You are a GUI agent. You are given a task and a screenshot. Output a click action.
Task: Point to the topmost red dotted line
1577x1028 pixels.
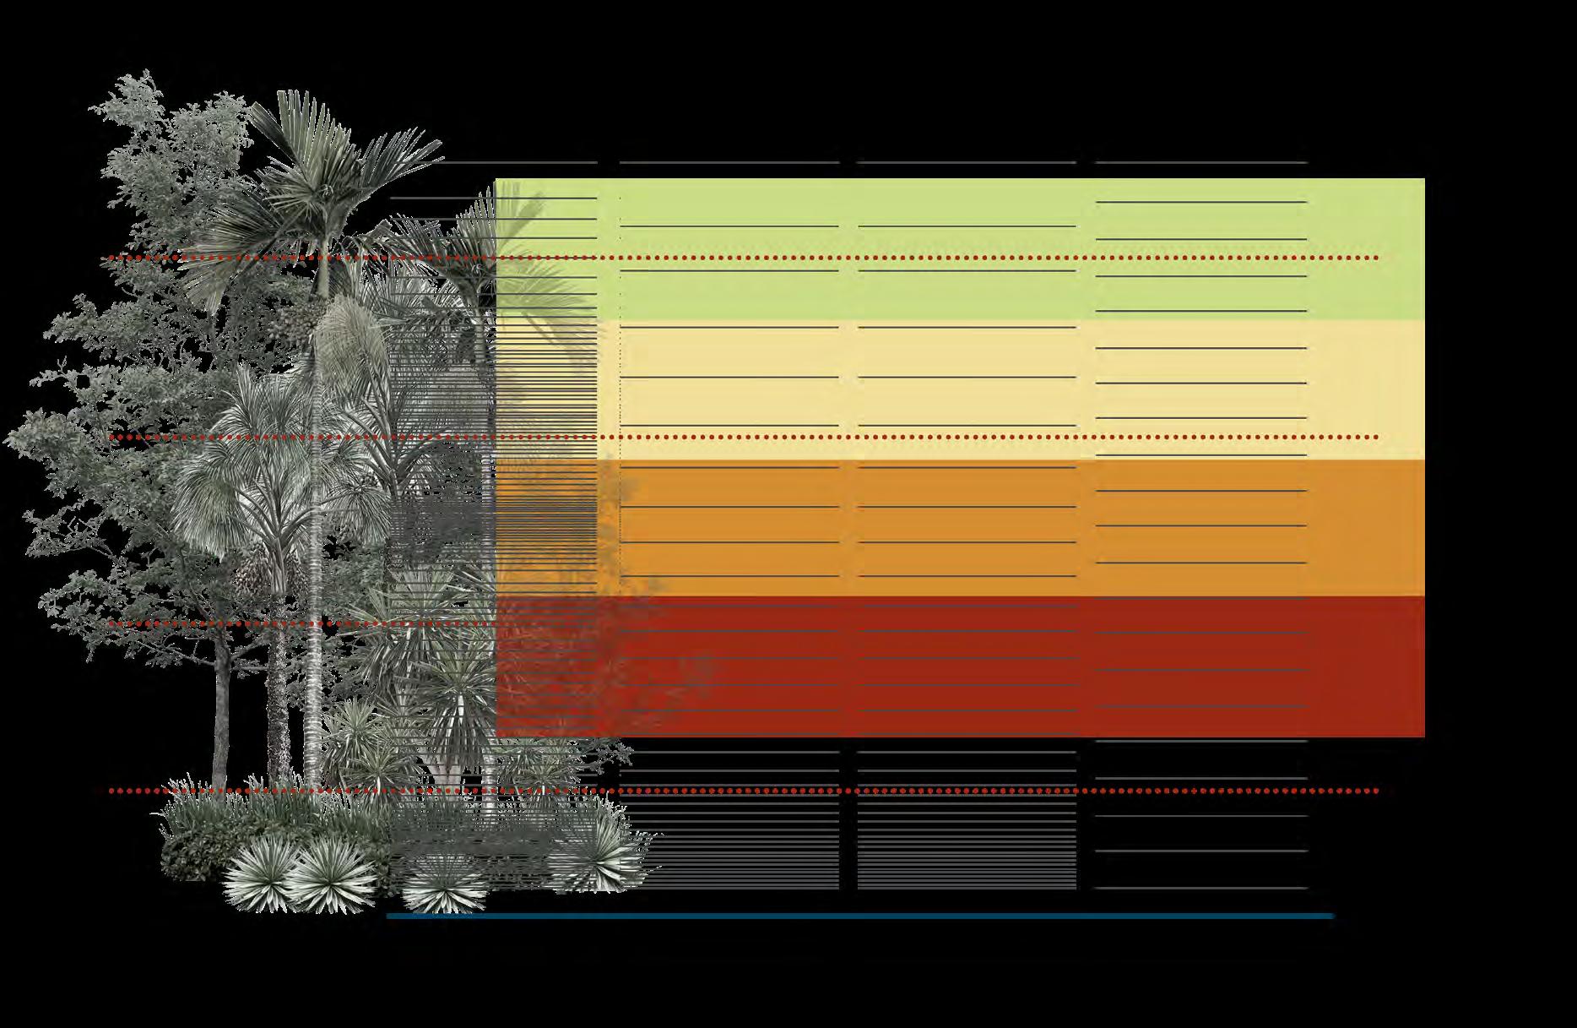(844, 258)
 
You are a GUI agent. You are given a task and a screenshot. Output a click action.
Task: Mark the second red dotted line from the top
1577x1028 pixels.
(844, 438)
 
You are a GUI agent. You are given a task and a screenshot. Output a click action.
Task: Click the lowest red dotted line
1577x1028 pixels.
(844, 791)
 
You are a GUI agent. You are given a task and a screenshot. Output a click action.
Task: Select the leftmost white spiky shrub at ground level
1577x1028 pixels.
(257, 874)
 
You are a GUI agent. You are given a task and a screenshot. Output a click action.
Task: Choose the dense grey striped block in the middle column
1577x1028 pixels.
(967, 845)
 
